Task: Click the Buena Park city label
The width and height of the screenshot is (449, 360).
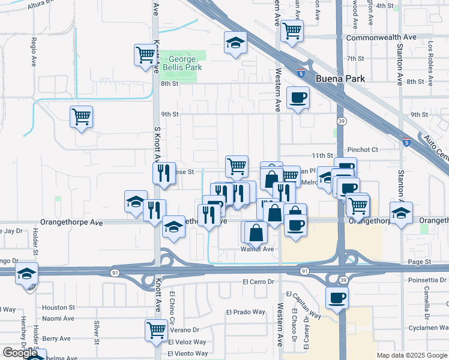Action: (340, 79)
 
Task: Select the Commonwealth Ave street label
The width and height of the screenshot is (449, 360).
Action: (381, 37)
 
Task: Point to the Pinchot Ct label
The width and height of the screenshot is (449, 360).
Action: (363, 149)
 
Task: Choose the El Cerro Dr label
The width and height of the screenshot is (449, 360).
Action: (258, 281)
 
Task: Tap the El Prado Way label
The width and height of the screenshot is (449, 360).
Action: (246, 312)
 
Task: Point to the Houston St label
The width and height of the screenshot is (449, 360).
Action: (58, 307)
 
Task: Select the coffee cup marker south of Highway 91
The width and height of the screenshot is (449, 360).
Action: (337, 297)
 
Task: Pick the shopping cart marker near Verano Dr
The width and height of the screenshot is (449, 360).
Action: (156, 329)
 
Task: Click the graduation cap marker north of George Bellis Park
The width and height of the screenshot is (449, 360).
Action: (235, 42)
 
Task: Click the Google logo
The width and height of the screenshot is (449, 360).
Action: (20, 353)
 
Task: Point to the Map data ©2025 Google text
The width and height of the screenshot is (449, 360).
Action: (411, 355)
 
